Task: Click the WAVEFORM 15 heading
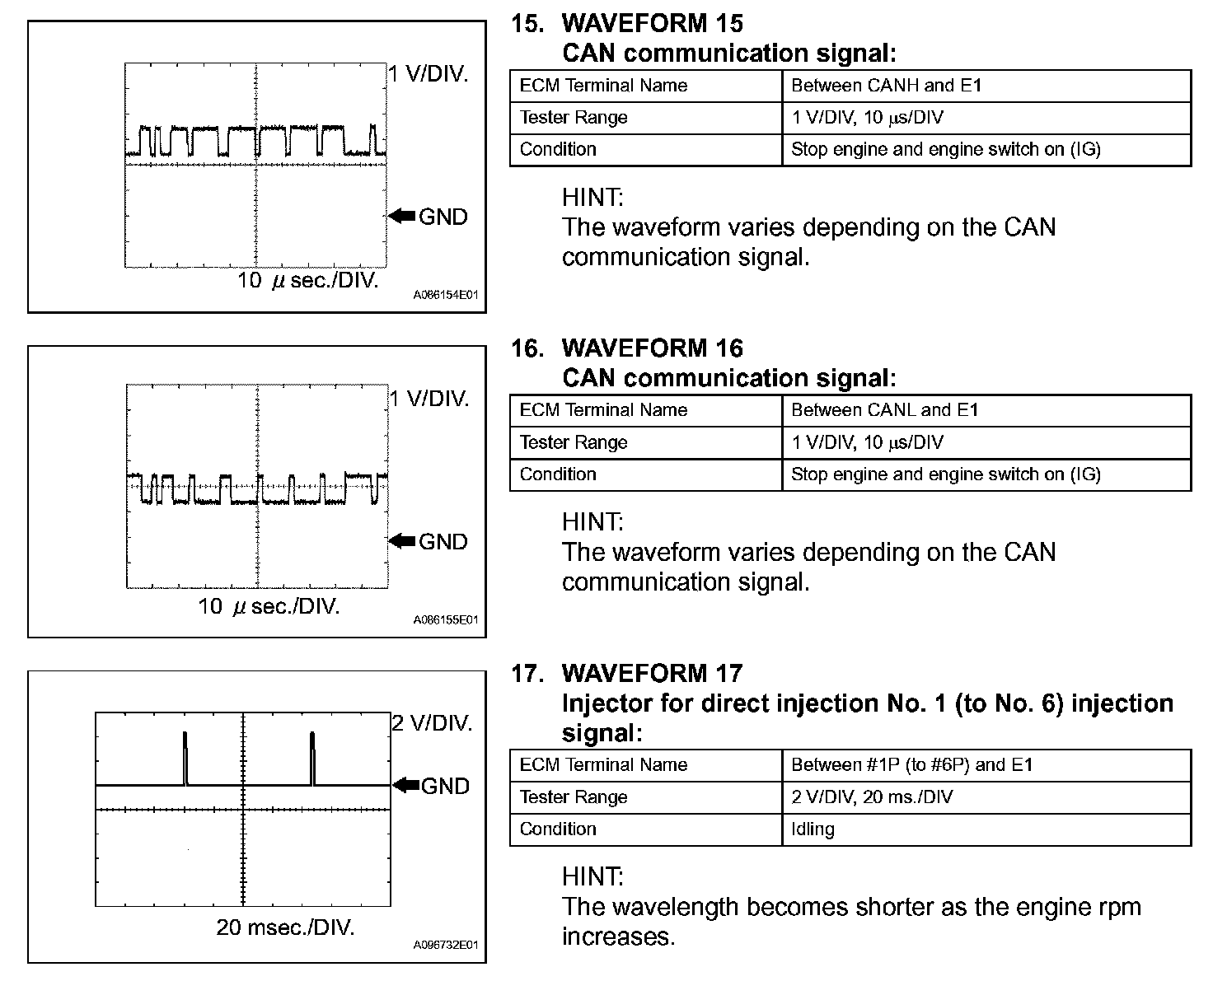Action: coord(652,23)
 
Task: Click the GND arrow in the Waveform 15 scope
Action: coord(402,216)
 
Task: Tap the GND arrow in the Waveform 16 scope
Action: coord(402,541)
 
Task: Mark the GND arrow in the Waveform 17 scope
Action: coord(405,785)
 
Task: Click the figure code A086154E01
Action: coord(446,294)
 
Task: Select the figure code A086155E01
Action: coord(446,619)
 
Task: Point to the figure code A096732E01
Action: coord(446,945)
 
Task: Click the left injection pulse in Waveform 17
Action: coord(185,758)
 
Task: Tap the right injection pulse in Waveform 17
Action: coord(312,758)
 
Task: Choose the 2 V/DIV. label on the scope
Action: coord(432,723)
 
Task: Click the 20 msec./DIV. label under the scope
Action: coord(285,928)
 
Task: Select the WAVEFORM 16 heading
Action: coord(652,348)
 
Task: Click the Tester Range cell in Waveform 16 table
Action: coord(574,442)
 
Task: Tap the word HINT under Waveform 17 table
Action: coord(592,876)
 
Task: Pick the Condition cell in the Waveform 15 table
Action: coord(558,149)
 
